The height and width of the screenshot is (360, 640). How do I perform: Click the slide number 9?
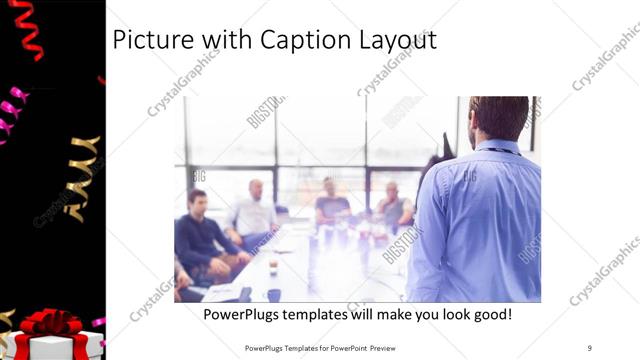tap(590, 348)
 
